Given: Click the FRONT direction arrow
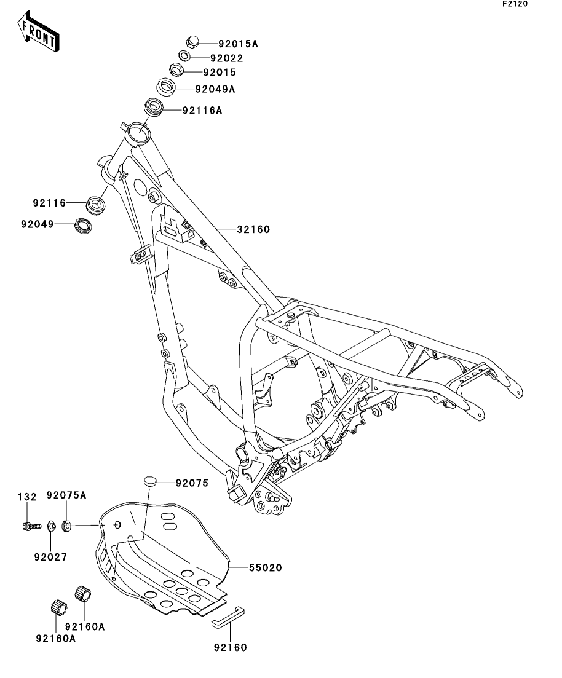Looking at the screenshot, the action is [x=38, y=31].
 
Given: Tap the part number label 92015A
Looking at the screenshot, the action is [x=238, y=44].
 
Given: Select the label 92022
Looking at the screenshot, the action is [x=227, y=58].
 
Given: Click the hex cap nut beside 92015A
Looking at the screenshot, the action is [x=192, y=42].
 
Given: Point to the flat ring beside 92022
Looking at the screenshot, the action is [x=184, y=56].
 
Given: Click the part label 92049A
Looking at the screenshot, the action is [x=215, y=89].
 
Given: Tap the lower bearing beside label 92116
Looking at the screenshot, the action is [x=96, y=204].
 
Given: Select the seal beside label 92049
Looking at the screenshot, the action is [x=83, y=226].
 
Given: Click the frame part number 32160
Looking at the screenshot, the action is [x=253, y=229].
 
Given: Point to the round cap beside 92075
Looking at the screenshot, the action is [x=149, y=481].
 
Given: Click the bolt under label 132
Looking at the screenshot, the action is [x=31, y=526].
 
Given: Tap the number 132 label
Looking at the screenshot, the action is [x=27, y=497].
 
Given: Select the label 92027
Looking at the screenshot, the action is [x=50, y=558].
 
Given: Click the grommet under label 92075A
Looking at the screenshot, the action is [x=66, y=526].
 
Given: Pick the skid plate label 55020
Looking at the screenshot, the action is [x=265, y=567].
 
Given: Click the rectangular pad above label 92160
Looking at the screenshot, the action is [x=228, y=617].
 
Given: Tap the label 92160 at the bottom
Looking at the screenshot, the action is [x=230, y=647].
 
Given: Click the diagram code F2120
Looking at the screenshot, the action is [x=515, y=4].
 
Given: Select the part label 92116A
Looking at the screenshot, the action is [x=202, y=111].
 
